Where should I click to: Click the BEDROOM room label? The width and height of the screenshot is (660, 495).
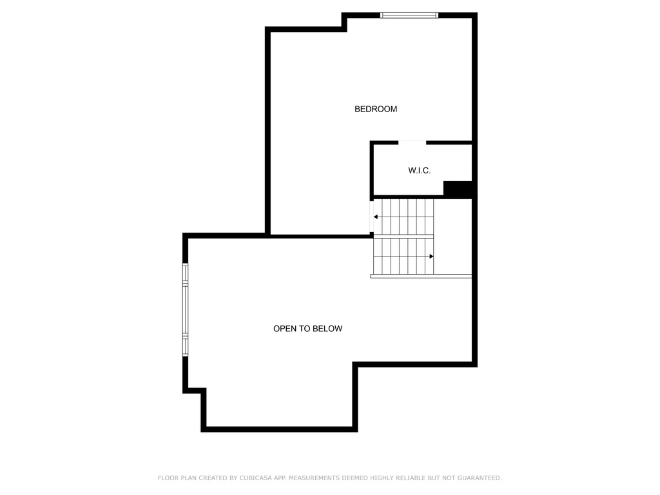[376, 109]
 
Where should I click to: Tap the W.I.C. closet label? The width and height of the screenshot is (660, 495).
[419, 170]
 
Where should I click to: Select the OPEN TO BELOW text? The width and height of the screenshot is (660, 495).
[307, 329]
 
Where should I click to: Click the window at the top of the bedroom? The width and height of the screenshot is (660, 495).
[409, 15]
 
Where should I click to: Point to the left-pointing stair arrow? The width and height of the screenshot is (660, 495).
[376, 217]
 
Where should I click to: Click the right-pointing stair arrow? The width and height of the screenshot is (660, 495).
[431, 257]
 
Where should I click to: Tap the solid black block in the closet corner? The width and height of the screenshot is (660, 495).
[458, 189]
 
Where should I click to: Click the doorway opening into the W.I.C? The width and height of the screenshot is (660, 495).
[412, 142]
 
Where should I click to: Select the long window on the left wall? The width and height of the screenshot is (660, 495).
[185, 310]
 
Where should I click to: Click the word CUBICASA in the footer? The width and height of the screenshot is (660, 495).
[255, 478]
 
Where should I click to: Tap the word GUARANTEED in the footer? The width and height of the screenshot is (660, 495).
[480, 478]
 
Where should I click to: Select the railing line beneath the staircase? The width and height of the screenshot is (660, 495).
[421, 276]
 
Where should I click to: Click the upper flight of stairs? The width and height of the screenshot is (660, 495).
[403, 217]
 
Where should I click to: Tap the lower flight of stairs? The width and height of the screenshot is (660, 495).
[403, 256]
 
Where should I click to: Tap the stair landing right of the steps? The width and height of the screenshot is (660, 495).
[452, 236]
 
